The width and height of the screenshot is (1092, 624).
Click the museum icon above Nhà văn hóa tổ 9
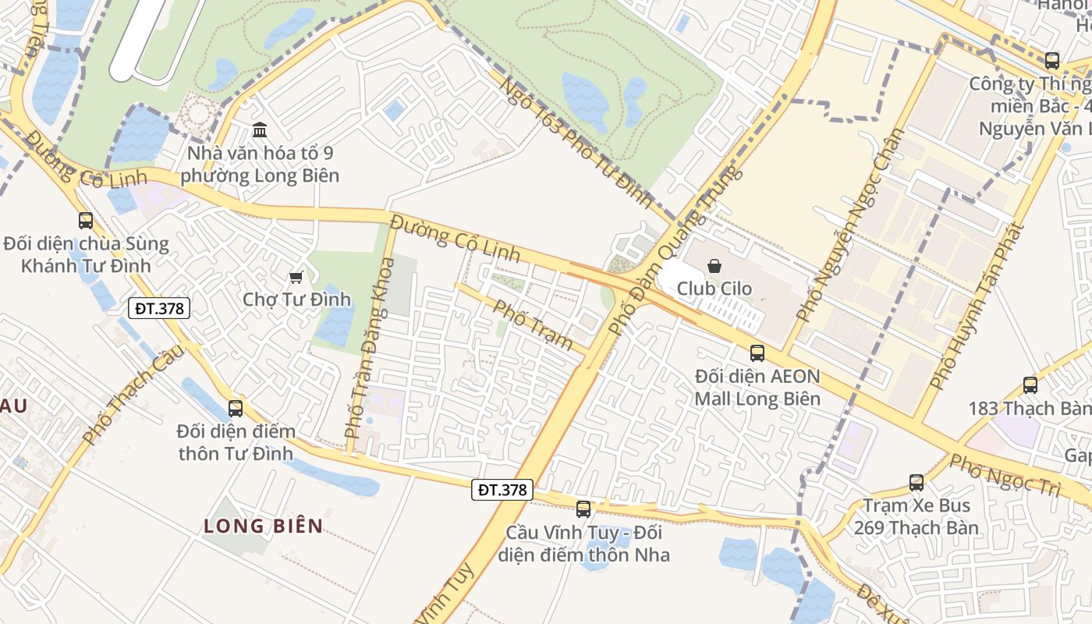coord(260,129)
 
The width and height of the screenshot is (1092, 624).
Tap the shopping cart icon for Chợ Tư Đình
coord(296,277)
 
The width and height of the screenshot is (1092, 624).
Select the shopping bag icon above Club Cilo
coord(714,266)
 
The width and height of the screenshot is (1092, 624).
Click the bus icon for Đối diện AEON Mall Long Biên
coord(757,353)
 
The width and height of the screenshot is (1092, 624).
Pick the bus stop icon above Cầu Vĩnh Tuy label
coord(583,509)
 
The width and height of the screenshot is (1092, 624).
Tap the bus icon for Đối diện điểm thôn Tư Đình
coord(235,408)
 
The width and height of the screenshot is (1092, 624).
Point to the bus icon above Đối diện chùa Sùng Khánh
coord(86,221)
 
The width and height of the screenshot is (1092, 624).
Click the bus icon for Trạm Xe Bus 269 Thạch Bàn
coord(916,483)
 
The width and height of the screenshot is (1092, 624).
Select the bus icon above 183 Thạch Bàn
coord(1030,385)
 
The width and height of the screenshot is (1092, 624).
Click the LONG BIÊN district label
coord(264,526)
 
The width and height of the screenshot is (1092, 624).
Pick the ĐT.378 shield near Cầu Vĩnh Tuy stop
coord(502,490)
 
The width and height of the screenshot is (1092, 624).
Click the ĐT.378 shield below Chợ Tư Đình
coord(159,308)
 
